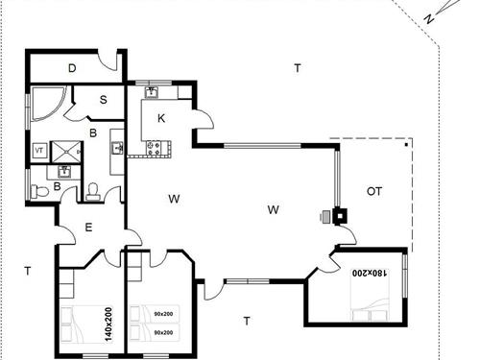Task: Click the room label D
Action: (72, 68)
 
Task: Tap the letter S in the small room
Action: (102, 100)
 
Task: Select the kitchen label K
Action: (161, 118)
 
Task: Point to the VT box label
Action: (39, 151)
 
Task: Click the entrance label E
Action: (88, 228)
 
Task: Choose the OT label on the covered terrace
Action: (373, 191)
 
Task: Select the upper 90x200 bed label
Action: (164, 313)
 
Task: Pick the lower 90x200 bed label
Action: (164, 332)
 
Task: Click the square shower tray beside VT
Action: (66, 150)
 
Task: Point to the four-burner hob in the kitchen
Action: (156, 148)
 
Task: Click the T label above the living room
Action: (298, 67)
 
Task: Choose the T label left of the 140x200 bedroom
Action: (28, 272)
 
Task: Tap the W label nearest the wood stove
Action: (274, 208)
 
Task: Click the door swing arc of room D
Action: (112, 63)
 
